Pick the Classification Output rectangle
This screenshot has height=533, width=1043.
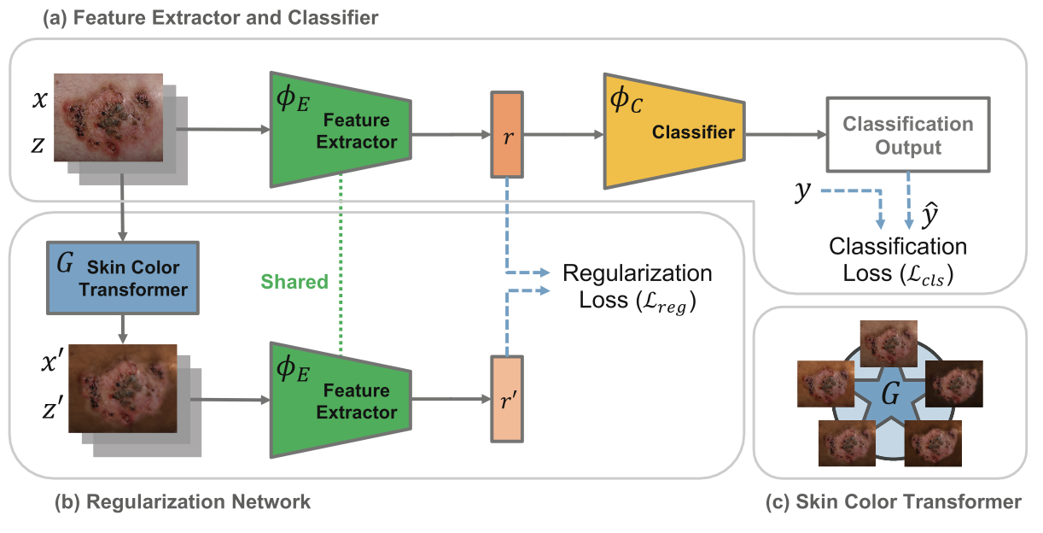point(906,136)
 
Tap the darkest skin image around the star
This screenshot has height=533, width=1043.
point(953,383)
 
